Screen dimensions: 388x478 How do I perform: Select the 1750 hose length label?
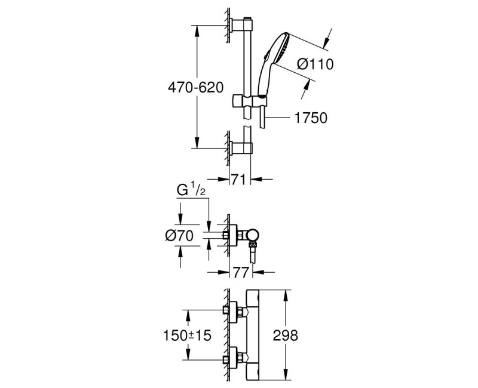(311, 118)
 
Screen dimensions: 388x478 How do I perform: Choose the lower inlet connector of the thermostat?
(235, 360)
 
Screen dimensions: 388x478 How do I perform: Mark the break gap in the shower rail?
(246, 122)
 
